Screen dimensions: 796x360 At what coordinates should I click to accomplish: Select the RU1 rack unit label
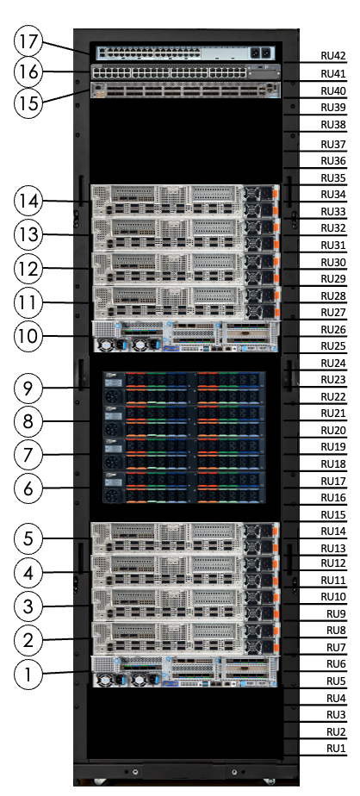(335, 748)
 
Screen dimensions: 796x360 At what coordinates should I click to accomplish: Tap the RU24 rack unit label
(332, 363)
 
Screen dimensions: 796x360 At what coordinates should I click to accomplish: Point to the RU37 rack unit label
(332, 144)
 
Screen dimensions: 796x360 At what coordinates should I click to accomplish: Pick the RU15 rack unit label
(332, 514)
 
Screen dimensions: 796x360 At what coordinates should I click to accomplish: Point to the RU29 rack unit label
(332, 278)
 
